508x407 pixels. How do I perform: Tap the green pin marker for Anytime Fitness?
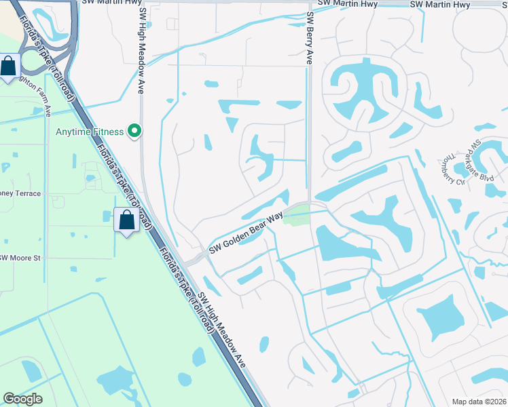point(135,131)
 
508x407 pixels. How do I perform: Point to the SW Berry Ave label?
point(309,39)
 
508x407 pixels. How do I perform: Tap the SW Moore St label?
point(20,258)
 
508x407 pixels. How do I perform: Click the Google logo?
point(22,399)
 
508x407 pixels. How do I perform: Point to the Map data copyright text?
point(479,402)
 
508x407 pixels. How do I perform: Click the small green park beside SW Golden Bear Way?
point(296,216)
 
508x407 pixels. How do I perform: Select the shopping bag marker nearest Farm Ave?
point(9,67)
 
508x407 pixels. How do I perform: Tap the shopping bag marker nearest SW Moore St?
point(127,220)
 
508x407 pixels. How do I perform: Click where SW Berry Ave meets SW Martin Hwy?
point(306,5)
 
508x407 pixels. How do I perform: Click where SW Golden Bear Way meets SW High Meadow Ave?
point(193,258)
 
